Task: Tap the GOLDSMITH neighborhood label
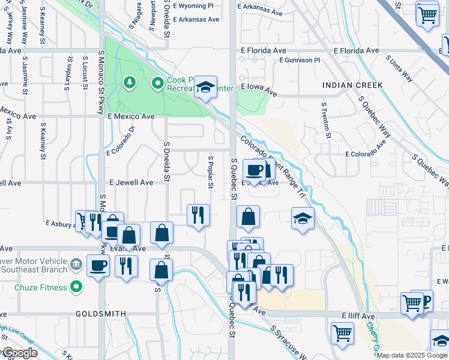(101, 314)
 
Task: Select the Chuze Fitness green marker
(76, 287)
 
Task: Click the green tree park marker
(128, 82)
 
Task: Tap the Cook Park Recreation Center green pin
(158, 83)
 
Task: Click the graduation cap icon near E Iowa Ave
(205, 88)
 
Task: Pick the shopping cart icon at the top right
(426, 14)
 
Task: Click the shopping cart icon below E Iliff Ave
(342, 332)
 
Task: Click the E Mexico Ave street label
(131, 116)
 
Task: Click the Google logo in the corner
(20, 353)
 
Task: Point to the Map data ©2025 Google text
(412, 355)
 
